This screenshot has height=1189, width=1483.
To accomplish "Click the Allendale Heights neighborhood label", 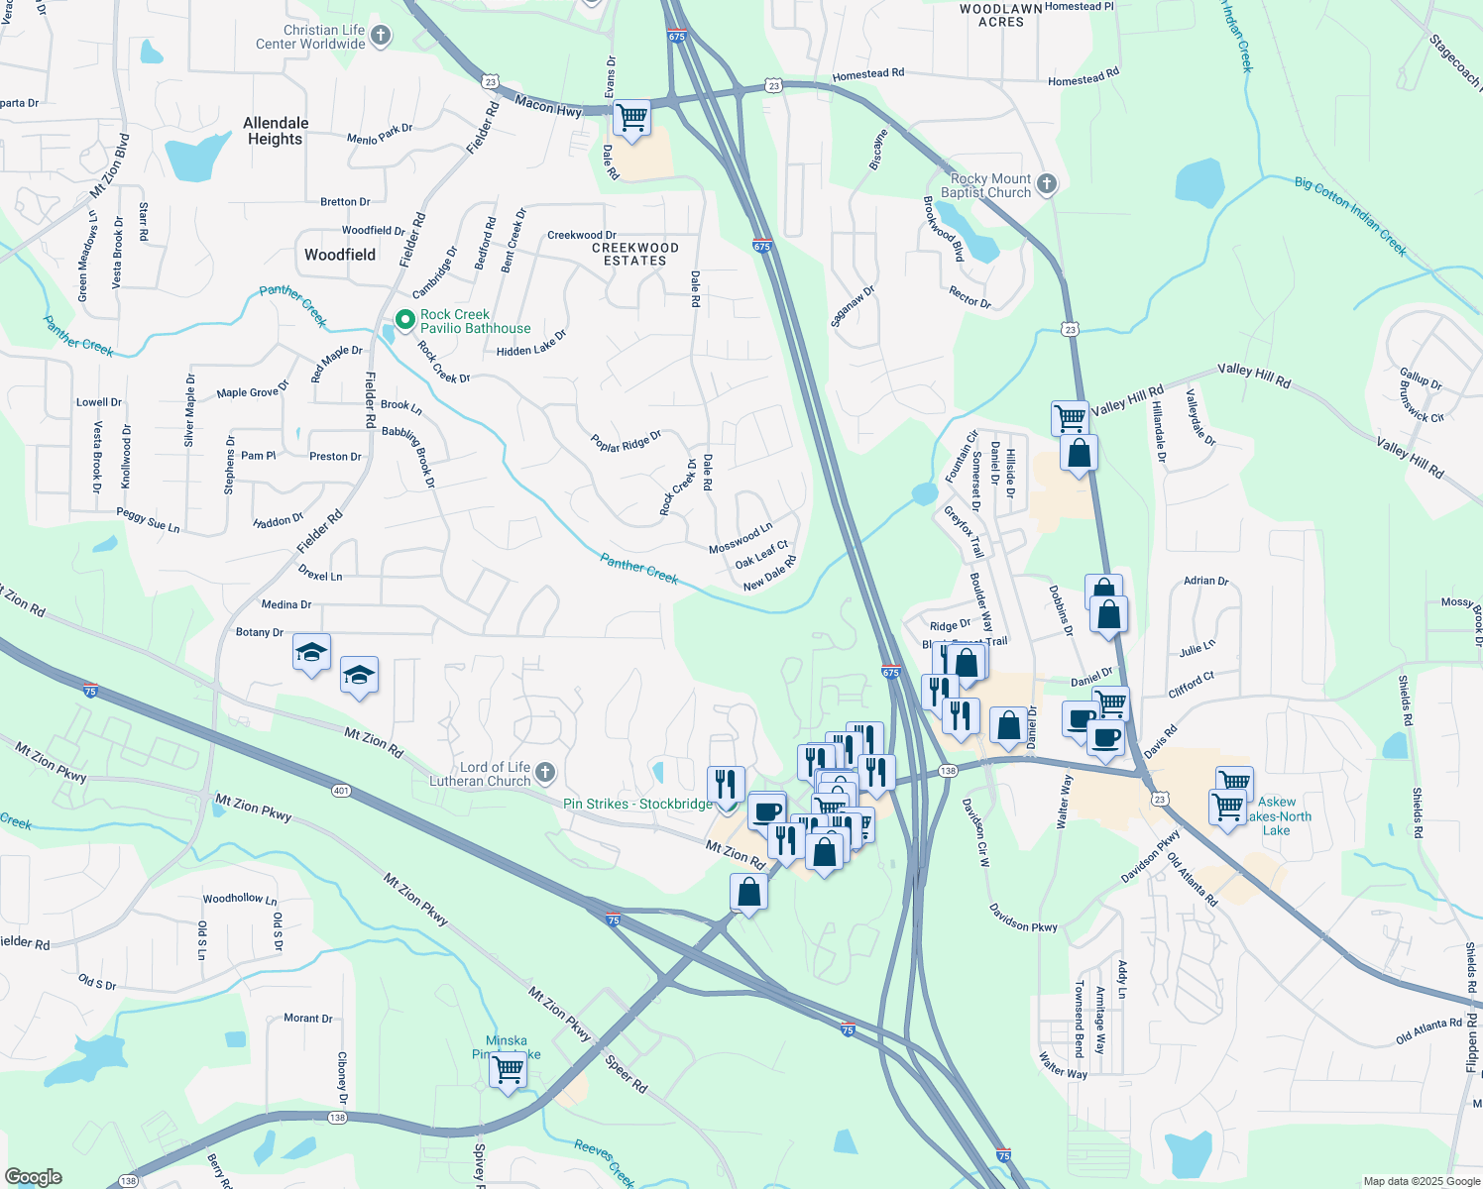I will (x=276, y=131).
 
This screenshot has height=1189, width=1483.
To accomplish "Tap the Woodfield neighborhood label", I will (x=340, y=255).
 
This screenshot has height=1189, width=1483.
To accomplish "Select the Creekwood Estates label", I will (x=635, y=254).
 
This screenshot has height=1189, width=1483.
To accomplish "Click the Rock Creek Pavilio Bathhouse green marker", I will (x=404, y=320).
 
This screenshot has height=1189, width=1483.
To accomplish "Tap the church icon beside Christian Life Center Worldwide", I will (x=380, y=37).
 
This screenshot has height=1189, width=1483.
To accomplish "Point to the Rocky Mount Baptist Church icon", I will (x=1046, y=184).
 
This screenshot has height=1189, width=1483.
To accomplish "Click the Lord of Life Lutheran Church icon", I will (x=545, y=773).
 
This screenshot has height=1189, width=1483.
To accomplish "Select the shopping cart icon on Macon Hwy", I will (x=631, y=118).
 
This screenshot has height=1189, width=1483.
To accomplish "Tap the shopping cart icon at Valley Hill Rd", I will (x=1070, y=417).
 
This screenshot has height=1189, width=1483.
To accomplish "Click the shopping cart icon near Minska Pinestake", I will (x=508, y=1070).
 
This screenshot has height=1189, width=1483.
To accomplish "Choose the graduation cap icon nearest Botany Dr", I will (x=311, y=653).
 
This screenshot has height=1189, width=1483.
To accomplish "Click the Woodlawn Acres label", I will (x=1001, y=15).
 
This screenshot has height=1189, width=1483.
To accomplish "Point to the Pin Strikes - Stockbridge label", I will (x=638, y=804).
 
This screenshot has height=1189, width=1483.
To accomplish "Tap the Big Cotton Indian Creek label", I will (x=1350, y=215).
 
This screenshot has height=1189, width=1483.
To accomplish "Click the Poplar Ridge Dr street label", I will (x=626, y=441).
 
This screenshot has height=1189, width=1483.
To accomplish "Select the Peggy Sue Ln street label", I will (x=148, y=520).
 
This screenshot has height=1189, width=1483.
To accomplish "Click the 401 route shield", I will (x=342, y=790).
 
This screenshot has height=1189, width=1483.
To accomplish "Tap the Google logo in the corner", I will (x=34, y=1177).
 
